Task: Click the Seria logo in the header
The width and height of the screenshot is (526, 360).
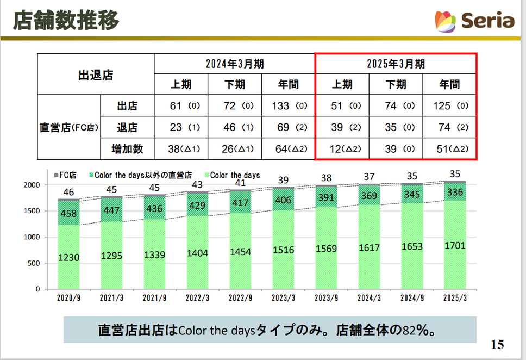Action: coord(474,21)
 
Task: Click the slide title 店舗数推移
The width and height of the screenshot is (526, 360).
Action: coord(66,21)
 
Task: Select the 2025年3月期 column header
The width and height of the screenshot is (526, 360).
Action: coord(396,64)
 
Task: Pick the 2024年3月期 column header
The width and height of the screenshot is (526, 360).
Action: coord(235,64)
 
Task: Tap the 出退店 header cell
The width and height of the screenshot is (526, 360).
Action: coord(96,75)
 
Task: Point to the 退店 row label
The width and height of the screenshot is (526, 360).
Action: coord(128,128)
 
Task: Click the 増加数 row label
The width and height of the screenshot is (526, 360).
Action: coord(128,149)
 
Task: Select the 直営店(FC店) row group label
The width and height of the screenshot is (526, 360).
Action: coord(69,128)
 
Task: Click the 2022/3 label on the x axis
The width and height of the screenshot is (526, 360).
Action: coord(198,298)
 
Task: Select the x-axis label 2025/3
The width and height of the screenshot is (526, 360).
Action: coord(454,298)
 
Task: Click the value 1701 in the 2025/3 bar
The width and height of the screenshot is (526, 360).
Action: coord(454,245)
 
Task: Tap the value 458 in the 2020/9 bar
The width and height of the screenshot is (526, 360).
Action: coord(69,213)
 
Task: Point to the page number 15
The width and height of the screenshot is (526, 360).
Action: coord(497,344)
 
